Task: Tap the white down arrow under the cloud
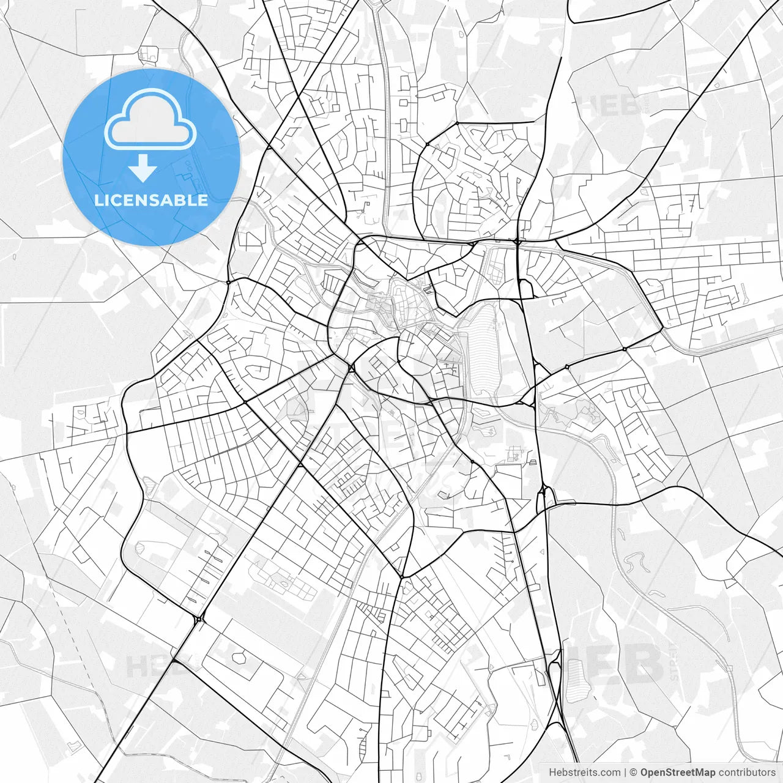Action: pyautogui.click(x=143, y=168)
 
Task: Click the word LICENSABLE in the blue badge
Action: pyautogui.click(x=150, y=200)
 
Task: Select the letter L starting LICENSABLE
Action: pyautogui.click(x=98, y=200)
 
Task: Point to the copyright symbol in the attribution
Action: pyautogui.click(x=634, y=772)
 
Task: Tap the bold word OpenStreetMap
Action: pyautogui.click(x=677, y=772)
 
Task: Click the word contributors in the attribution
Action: pyautogui.click(x=746, y=772)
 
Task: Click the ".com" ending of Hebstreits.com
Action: pyautogui.click(x=610, y=772)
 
